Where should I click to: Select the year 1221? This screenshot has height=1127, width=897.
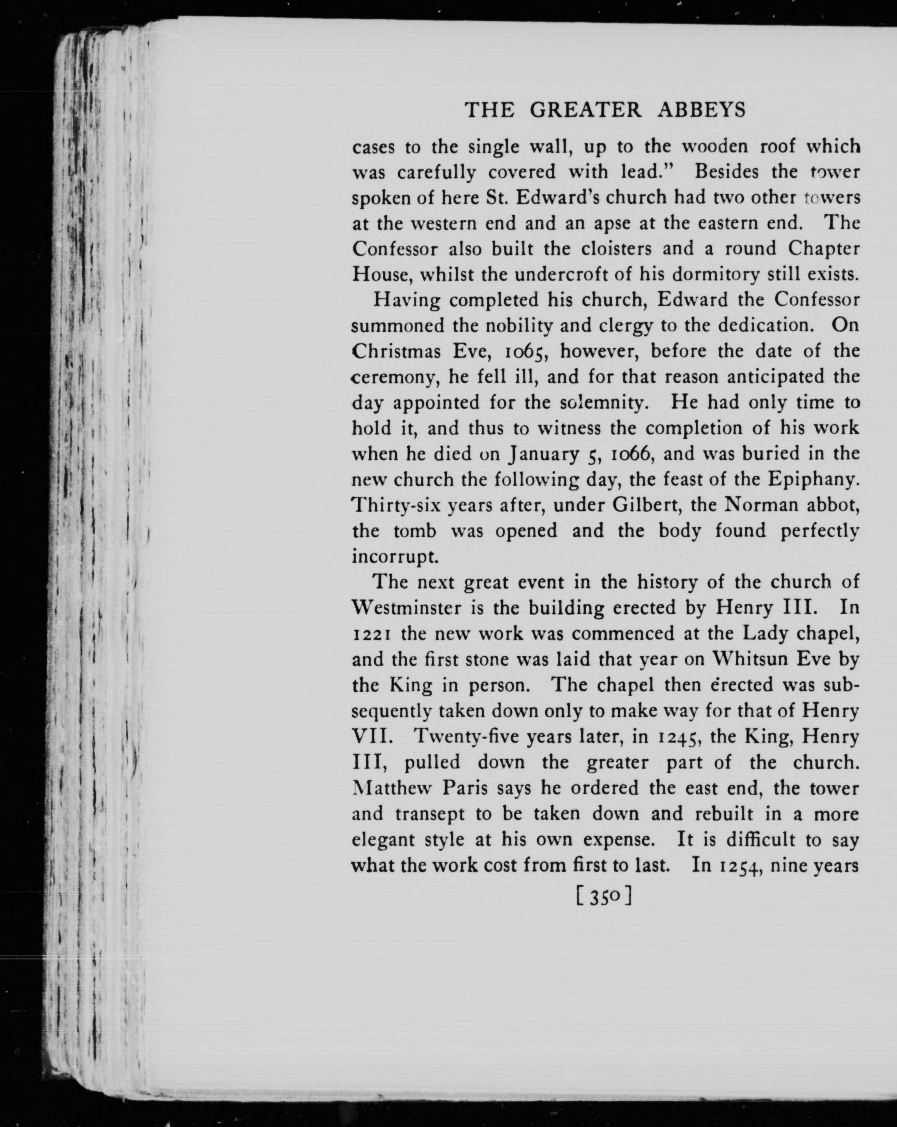point(372,635)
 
